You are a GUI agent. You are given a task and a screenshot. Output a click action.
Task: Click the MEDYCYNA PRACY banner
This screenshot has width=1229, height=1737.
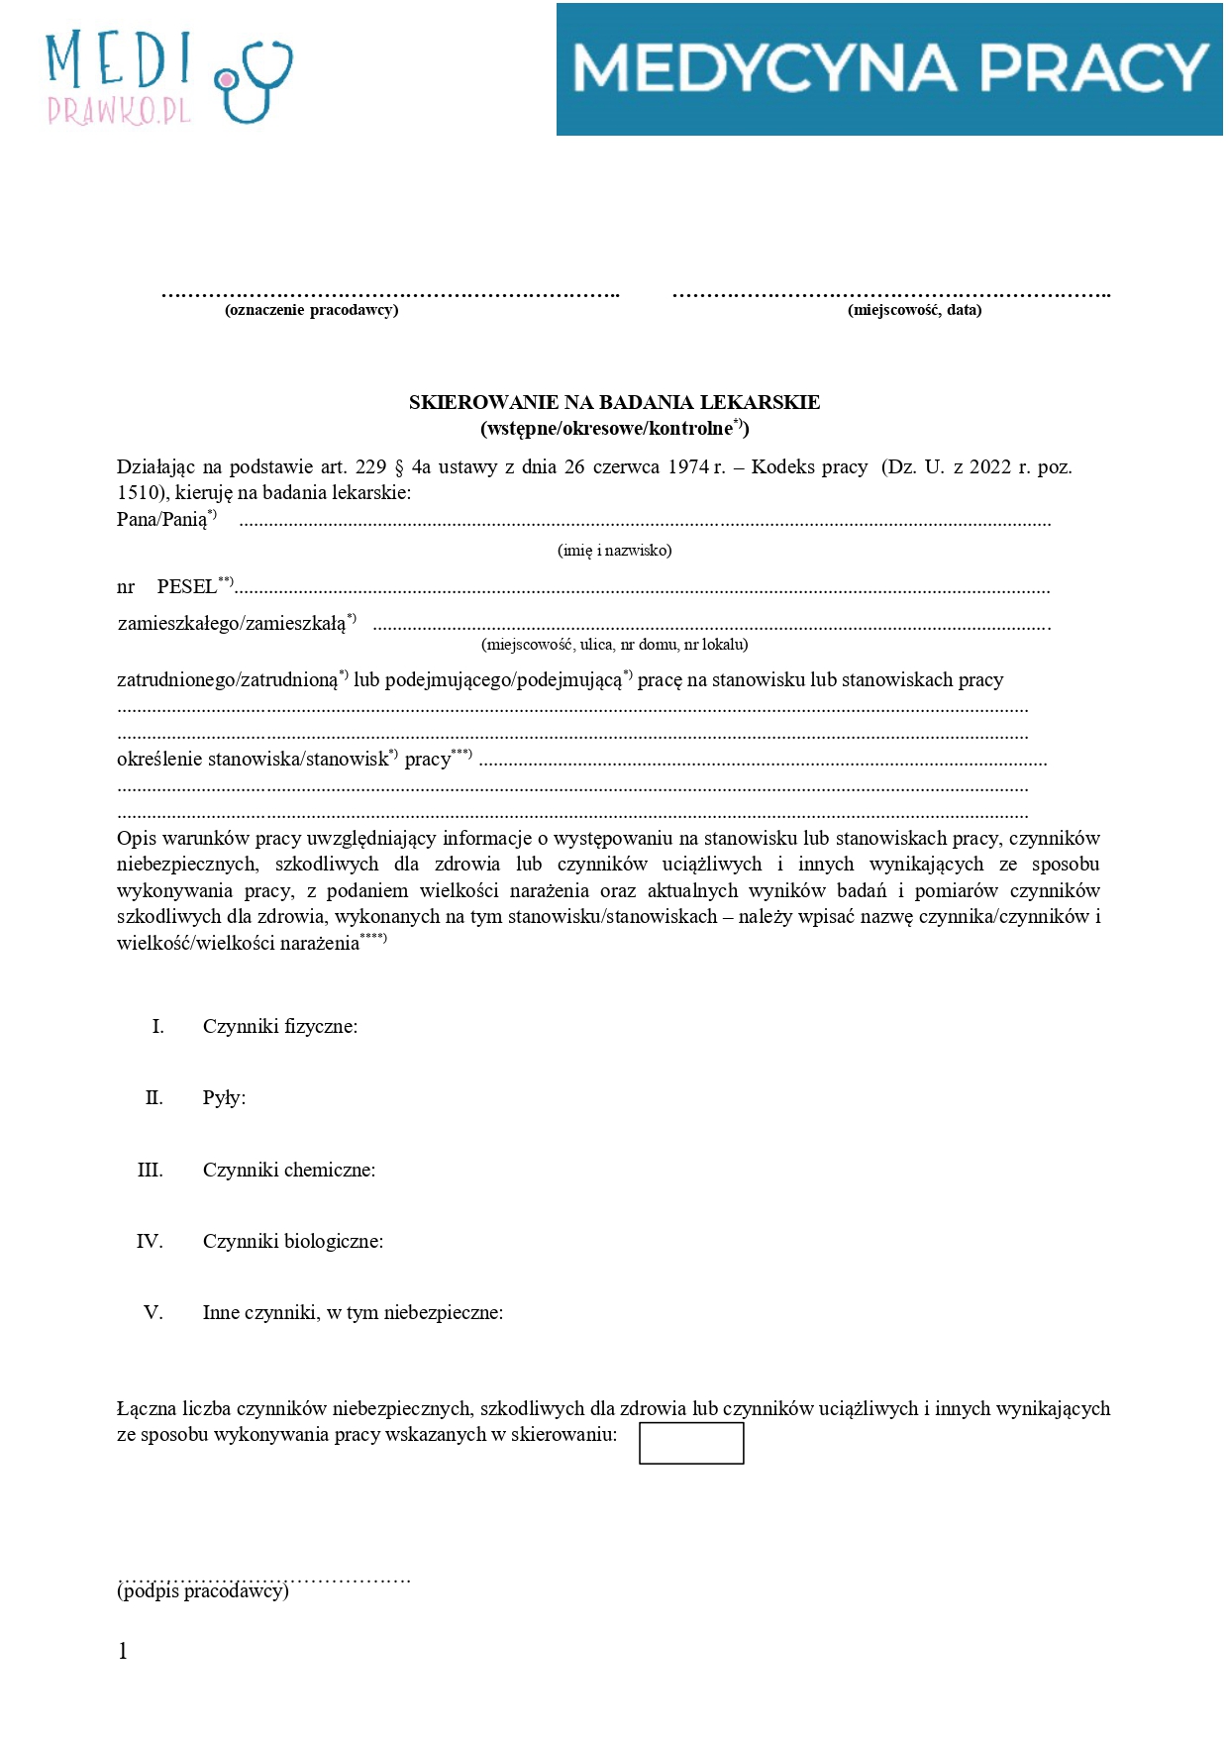pyautogui.click(x=888, y=68)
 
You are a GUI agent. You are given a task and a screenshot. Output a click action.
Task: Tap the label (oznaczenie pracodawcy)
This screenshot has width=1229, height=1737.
pyautogui.click(x=312, y=310)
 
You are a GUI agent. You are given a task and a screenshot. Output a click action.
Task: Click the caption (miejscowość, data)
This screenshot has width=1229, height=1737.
pyautogui.click(x=914, y=310)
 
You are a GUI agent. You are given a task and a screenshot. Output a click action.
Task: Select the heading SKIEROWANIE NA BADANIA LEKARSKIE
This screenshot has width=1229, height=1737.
pyautogui.click(x=614, y=402)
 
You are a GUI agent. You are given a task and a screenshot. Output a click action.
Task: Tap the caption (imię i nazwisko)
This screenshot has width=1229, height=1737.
pyautogui.click(x=614, y=551)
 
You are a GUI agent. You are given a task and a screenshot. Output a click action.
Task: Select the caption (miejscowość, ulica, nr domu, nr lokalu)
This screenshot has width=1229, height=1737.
pyautogui.click(x=614, y=645)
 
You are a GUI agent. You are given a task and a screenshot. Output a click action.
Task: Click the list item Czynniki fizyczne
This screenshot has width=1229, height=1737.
pyautogui.click(x=279, y=1027)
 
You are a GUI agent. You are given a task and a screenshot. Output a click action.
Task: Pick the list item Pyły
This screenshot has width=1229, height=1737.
pyautogui.click(x=224, y=1098)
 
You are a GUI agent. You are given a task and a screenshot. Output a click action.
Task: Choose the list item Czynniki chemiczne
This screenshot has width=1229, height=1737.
pyautogui.click(x=288, y=1171)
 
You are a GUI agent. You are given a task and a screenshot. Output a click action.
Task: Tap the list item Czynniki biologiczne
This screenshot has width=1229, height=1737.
pyautogui.click(x=292, y=1242)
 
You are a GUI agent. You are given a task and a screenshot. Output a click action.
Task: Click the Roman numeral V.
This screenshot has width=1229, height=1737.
pyautogui.click(x=153, y=1313)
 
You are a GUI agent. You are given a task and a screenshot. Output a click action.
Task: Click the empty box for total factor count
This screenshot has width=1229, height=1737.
pyautogui.click(x=690, y=1443)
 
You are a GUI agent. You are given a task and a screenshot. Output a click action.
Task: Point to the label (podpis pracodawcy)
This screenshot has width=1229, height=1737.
pyautogui.click(x=203, y=1591)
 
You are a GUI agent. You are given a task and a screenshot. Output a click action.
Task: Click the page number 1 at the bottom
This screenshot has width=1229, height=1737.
pyautogui.click(x=123, y=1651)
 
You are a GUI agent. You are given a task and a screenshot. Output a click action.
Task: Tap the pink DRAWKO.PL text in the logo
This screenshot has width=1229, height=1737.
pyautogui.click(x=119, y=111)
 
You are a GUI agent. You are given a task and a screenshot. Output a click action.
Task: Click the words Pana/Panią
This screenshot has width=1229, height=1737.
pyautogui.click(x=162, y=520)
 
